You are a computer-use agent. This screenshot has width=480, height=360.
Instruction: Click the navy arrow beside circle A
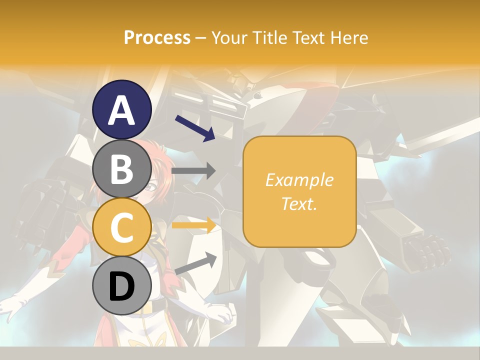(x=194, y=128)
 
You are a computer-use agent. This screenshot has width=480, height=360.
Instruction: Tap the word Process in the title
(x=157, y=38)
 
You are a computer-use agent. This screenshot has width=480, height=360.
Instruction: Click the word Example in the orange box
(x=299, y=180)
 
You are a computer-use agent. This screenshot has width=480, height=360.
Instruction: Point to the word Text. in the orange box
(x=299, y=203)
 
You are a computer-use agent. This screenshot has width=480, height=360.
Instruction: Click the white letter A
(x=122, y=110)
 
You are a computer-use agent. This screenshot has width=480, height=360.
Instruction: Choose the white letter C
(x=121, y=227)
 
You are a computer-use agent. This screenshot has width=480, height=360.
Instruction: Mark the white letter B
(x=121, y=168)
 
